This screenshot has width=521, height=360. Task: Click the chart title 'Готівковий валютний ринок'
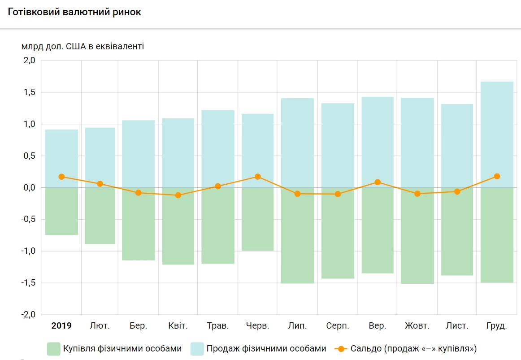[74, 12]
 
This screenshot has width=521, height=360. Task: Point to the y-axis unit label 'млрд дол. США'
[82, 46]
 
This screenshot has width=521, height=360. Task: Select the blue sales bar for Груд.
[496, 134]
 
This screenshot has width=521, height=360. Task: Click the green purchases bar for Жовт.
[417, 235]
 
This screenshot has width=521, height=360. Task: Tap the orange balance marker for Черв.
[257, 177]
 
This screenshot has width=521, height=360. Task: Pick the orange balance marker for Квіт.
[178, 195]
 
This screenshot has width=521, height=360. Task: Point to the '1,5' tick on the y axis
[28, 92]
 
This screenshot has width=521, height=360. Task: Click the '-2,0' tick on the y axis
[27, 315]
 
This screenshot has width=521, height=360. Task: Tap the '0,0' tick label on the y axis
[28, 188]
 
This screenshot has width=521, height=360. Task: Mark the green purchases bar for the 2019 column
[61, 211]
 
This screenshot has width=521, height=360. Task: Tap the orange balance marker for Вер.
[378, 182]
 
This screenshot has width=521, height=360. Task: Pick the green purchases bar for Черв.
[257, 219]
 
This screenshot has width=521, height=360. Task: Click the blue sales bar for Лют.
[100, 157]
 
